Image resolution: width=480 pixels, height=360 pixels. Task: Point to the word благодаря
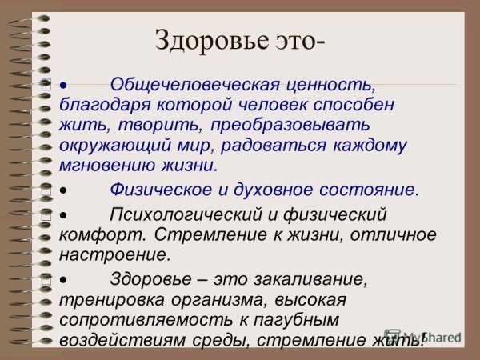click(x=102, y=104)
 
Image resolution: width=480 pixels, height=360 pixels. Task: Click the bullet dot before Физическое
click(x=64, y=191)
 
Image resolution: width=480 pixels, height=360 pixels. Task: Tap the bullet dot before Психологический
click(x=64, y=215)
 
